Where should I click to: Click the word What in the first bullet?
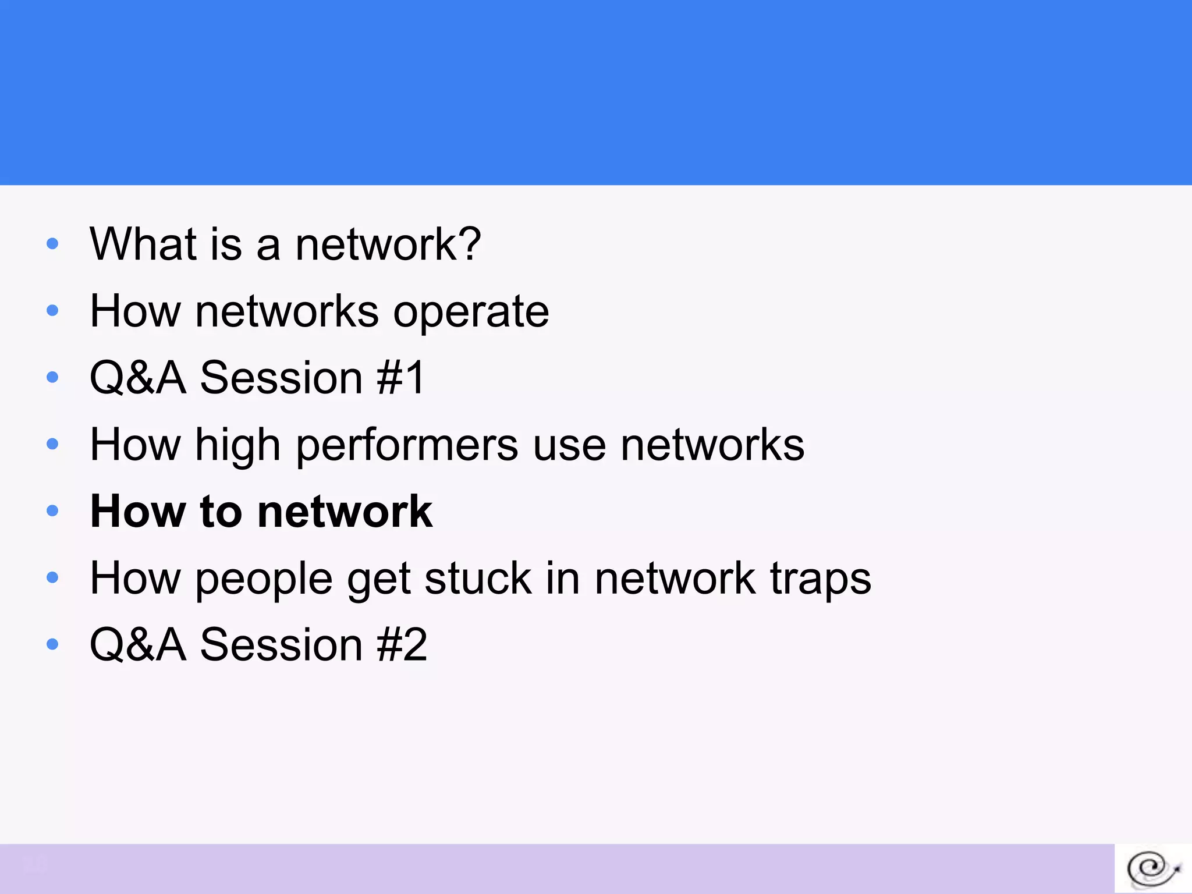click(x=143, y=244)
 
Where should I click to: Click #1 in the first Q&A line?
click(x=401, y=378)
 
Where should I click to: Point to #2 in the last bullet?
click(x=402, y=645)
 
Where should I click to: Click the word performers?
click(x=407, y=445)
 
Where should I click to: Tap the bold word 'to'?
click(x=221, y=512)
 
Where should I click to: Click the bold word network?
click(x=345, y=512)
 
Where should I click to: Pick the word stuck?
click(x=478, y=579)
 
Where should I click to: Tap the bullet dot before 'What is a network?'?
click(x=52, y=244)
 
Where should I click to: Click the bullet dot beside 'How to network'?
click(x=52, y=511)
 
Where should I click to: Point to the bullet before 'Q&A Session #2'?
click(x=52, y=644)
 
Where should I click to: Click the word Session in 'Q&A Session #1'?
click(x=282, y=378)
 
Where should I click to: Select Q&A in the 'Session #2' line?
click(x=138, y=645)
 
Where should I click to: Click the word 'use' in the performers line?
click(x=569, y=445)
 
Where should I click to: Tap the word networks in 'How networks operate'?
click(x=287, y=311)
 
